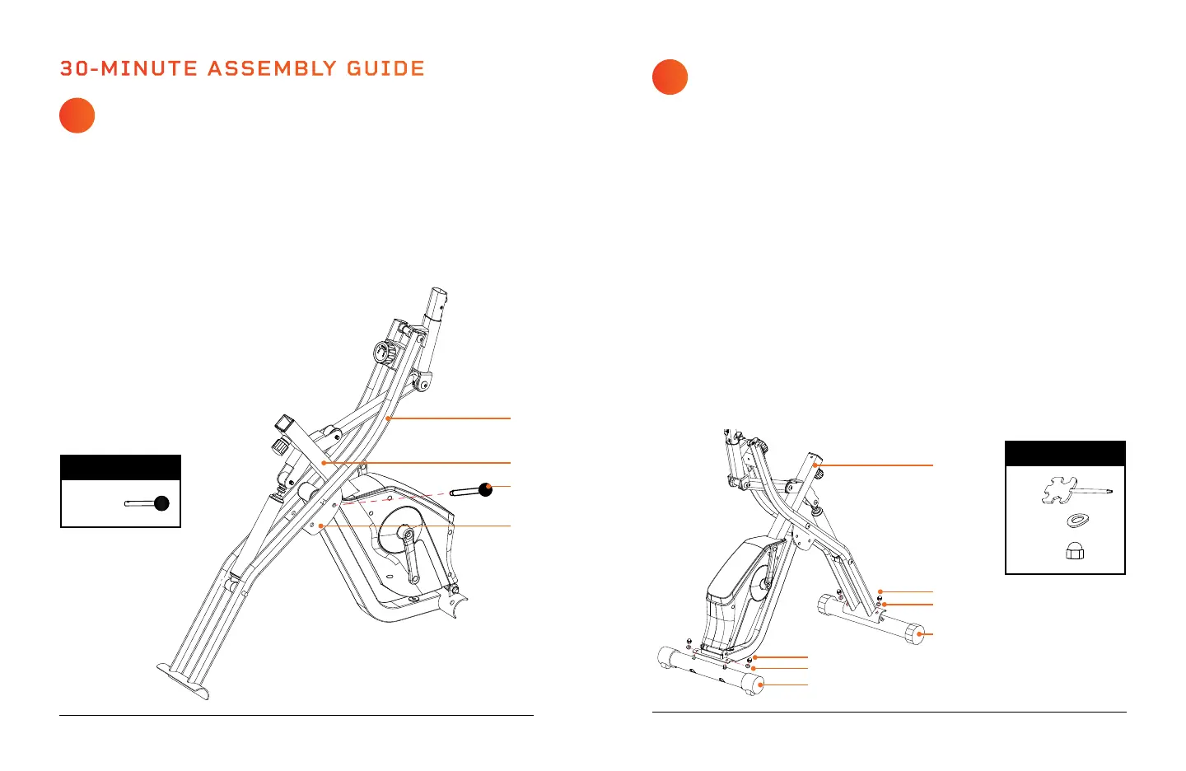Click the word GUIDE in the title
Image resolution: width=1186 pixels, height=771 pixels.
pos(385,68)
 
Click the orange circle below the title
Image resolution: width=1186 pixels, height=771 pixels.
pos(77,115)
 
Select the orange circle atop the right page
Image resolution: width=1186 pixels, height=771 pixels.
pos(670,77)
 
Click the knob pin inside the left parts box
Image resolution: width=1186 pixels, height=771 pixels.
pos(148,502)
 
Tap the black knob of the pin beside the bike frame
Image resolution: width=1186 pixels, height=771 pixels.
pos(485,490)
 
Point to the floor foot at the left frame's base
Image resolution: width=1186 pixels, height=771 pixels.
pos(183,680)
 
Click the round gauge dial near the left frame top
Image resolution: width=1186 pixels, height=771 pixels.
pos(383,355)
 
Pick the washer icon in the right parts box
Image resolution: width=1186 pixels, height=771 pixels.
pos(1076,521)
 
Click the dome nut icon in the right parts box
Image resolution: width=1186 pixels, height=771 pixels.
pos(1075,551)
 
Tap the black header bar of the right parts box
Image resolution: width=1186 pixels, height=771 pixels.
pos(1065,454)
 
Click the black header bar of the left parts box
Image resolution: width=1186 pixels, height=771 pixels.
pos(120,467)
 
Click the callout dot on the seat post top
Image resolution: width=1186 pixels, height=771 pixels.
pos(816,465)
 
